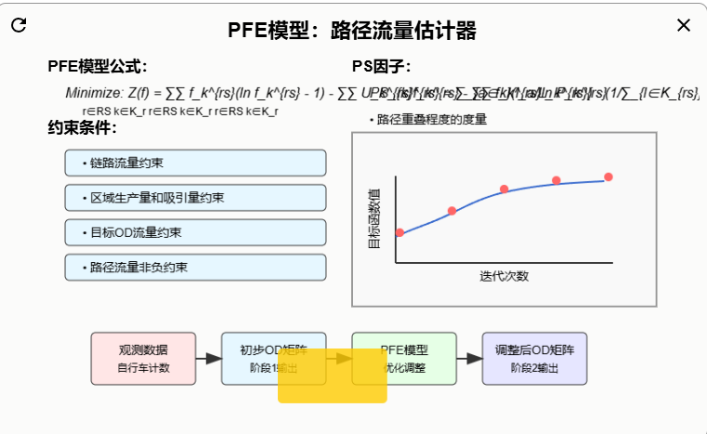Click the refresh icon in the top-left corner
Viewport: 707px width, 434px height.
click(x=19, y=25)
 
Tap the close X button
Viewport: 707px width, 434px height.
click(x=684, y=25)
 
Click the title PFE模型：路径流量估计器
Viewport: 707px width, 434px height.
click(x=352, y=31)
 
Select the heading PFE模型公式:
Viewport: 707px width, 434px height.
click(x=98, y=66)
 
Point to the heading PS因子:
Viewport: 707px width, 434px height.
click(x=381, y=66)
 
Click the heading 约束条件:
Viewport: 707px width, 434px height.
click(x=89, y=127)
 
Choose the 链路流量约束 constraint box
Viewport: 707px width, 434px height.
click(x=195, y=163)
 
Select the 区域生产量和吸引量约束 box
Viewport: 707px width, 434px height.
click(x=195, y=198)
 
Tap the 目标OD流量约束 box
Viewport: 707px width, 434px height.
click(x=195, y=232)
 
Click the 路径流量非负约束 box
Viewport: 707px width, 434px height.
click(x=195, y=268)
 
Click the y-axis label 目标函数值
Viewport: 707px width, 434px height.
click(x=373, y=219)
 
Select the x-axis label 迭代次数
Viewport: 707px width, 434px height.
click(x=504, y=276)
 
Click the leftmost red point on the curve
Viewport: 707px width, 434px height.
click(x=400, y=232)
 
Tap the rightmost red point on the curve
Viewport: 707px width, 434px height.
click(x=609, y=177)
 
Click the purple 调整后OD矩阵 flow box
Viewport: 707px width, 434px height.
click(x=534, y=358)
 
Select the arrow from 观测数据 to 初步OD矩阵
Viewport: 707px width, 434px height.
click(x=209, y=358)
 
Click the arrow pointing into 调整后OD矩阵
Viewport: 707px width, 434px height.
click(x=469, y=358)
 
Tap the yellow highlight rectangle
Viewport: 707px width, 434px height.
click(x=332, y=376)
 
